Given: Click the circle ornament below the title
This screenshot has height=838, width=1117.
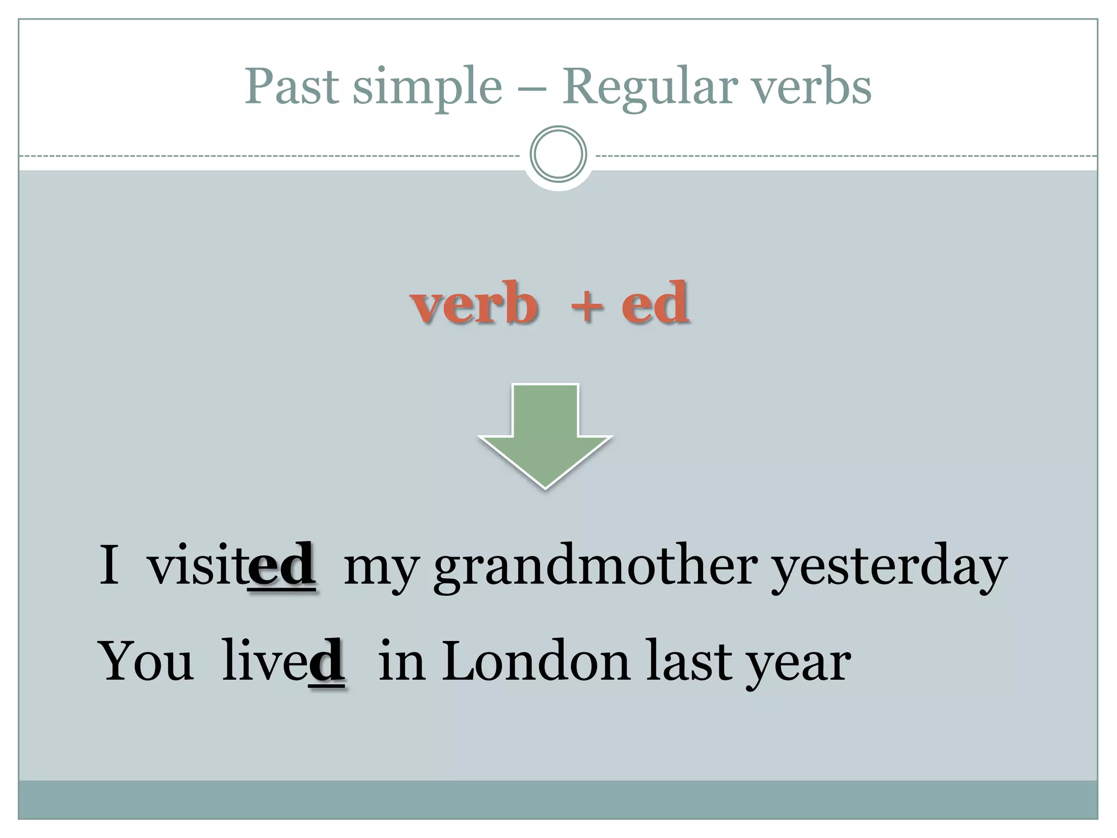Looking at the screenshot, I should pos(558,154).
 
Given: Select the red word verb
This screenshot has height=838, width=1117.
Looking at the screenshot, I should pos(474,304).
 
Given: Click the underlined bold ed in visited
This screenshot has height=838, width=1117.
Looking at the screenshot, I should pos(281,566).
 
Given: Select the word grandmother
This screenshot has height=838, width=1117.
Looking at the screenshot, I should pos(595,567).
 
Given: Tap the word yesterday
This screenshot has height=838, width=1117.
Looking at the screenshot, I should pos(890,567).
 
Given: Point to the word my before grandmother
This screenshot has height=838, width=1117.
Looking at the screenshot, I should pos(381,570).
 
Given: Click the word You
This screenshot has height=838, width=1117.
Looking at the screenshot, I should pos(146,661).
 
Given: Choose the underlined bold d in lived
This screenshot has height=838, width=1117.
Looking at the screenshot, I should pos(326,661).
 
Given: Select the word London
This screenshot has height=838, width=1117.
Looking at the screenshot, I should pos(536,661).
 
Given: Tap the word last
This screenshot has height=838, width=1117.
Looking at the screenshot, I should pos(688,661).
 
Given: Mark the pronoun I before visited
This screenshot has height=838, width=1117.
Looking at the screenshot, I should pos(109,565).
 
